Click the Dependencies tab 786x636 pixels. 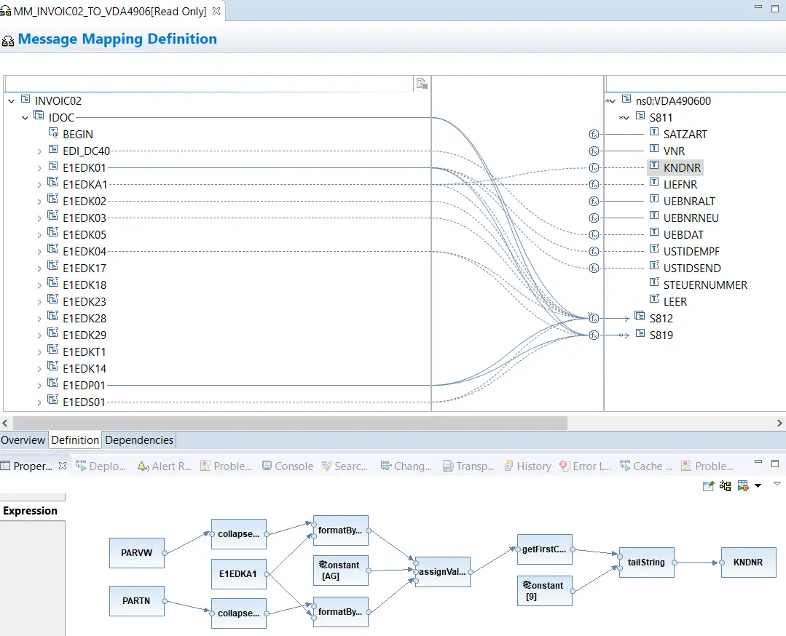point(139,440)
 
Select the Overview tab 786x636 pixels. point(23,440)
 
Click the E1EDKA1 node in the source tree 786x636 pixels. point(85,185)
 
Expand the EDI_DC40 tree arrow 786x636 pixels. point(39,151)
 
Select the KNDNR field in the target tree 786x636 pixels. point(682,168)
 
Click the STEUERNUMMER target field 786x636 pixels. point(705,285)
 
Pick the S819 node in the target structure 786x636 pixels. point(661,335)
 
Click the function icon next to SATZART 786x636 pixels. point(594,134)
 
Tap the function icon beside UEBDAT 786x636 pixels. point(594,235)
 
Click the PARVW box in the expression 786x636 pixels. point(137,553)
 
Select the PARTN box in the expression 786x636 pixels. point(137,601)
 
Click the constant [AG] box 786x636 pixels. point(340,571)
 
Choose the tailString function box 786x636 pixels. point(647,563)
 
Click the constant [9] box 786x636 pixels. point(544,591)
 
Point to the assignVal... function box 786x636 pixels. point(443,572)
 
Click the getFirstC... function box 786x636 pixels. point(544,549)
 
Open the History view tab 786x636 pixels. point(528,466)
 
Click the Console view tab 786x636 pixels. point(288,466)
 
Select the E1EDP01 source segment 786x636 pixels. point(84,386)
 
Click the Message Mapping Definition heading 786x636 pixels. point(117,39)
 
